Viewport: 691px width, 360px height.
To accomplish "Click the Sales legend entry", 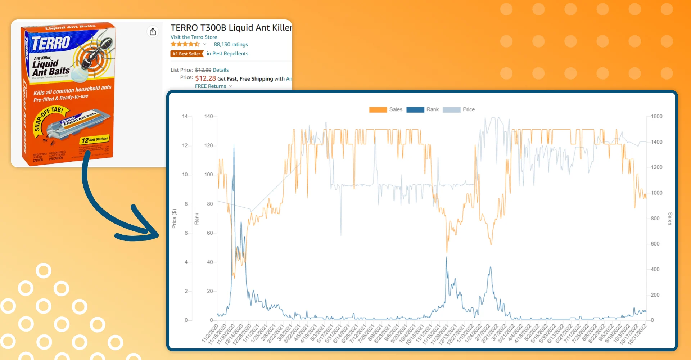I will tap(385, 109).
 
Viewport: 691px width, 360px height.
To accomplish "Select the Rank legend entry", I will tap(423, 109).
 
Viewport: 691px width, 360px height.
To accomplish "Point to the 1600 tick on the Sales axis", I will tap(656, 116).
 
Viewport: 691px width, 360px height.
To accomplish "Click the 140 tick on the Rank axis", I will tap(208, 116).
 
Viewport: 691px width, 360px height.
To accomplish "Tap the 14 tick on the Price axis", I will tap(185, 116).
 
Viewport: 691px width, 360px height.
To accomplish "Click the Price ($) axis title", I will tap(174, 219).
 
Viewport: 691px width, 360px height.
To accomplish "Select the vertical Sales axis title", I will tap(670, 219).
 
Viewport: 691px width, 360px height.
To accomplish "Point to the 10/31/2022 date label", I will tap(638, 334).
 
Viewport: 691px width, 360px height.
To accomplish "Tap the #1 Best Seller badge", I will tap(187, 54).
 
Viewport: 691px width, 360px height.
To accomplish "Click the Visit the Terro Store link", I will tap(194, 37).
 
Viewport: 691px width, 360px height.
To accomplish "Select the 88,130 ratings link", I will tap(231, 44).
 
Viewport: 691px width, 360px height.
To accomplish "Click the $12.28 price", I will tap(205, 78).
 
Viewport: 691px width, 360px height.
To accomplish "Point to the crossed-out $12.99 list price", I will tap(203, 70).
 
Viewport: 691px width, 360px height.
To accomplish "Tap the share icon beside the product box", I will tap(153, 32).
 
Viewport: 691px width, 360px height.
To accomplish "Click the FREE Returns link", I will tap(211, 86).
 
